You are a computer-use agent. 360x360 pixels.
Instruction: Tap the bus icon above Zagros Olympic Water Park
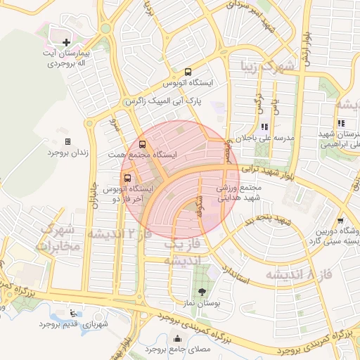[x=188, y=71]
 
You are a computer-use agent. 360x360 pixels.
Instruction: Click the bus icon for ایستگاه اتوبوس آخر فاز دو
[x=127, y=178]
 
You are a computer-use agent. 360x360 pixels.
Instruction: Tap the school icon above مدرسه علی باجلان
[x=264, y=127]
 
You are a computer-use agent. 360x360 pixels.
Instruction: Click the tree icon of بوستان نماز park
[x=203, y=292]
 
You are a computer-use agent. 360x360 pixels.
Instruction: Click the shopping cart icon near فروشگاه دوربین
[x=340, y=219]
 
